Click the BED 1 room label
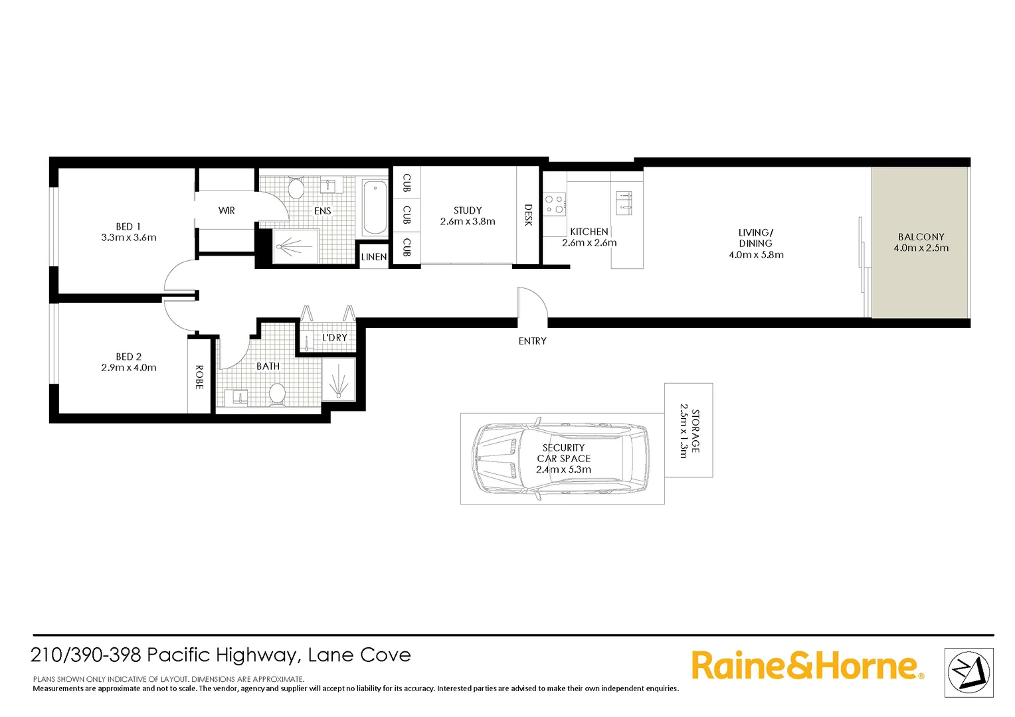pos(128,226)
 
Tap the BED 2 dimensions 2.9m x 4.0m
pos(129,368)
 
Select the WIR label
pos(227,210)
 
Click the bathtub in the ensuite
pos(375,208)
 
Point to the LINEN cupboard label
pos(374,257)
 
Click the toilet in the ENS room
pos(296,189)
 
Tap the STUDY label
pos(468,210)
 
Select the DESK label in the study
pos(528,215)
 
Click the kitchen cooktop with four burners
pos(555,204)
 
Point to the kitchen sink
pos(624,202)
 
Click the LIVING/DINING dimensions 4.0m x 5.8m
pos(756,255)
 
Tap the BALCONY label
pos(921,237)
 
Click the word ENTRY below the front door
pos(532,341)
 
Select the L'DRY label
pos(335,338)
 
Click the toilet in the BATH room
pos(277,393)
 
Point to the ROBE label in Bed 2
pos(199,377)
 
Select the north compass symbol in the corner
pos(969,673)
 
